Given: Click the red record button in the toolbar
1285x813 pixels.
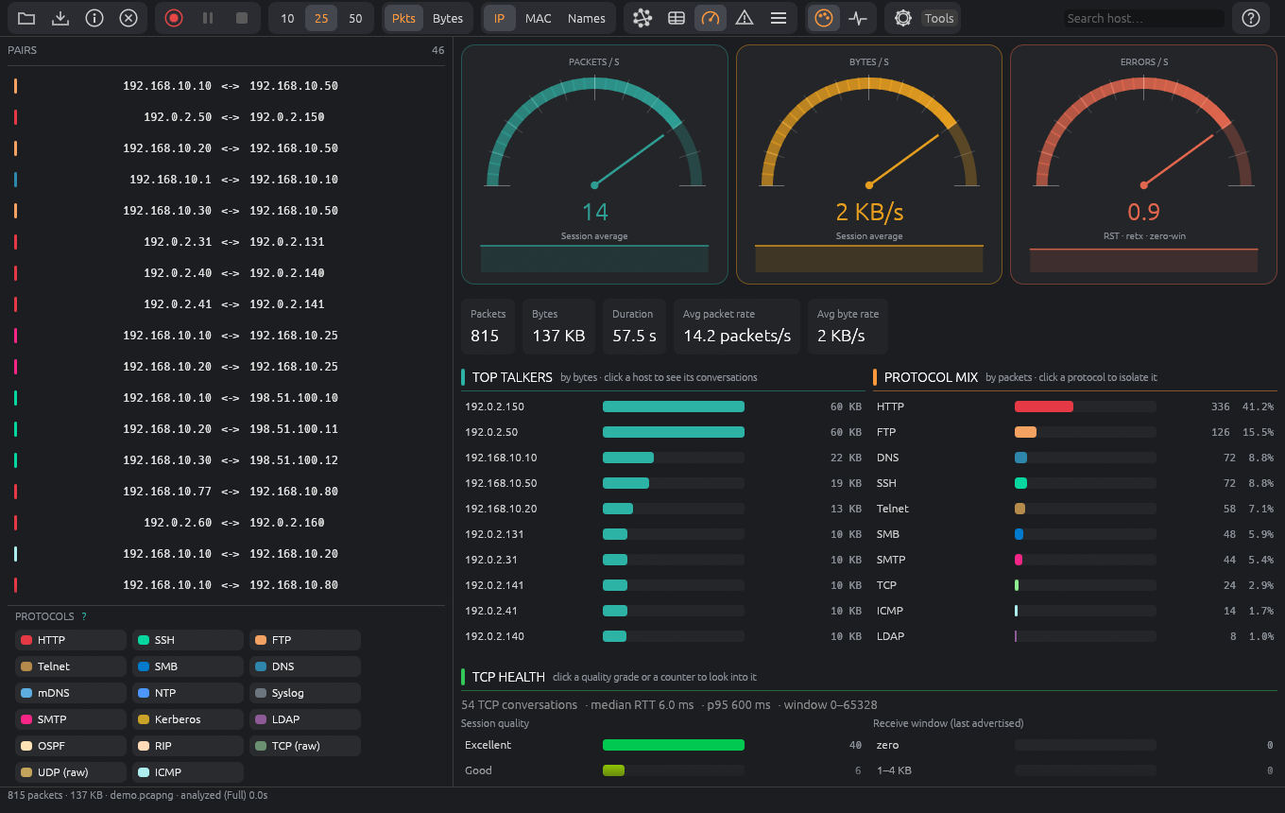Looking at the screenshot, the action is (x=173, y=18).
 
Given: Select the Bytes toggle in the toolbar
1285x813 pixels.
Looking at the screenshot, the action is (x=448, y=18).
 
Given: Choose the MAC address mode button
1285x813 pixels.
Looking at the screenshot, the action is (x=538, y=18).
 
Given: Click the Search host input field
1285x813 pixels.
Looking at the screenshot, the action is (x=1143, y=18).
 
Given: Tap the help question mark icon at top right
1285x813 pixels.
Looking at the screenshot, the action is (x=1251, y=18).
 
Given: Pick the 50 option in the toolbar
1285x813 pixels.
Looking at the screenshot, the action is (x=355, y=18).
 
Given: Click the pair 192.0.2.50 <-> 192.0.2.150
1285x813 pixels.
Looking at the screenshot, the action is (x=233, y=117).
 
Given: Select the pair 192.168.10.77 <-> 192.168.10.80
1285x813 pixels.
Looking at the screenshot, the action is (x=230, y=492).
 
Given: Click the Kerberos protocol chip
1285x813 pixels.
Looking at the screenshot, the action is (x=188, y=719).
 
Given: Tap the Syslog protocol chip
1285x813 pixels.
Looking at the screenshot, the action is (x=304, y=693).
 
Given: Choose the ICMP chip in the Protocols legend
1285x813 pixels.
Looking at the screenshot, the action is (x=188, y=772).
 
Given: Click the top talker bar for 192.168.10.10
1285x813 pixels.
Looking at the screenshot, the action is (x=628, y=458).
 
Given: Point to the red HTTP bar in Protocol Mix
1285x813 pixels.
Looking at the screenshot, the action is (x=1043, y=406).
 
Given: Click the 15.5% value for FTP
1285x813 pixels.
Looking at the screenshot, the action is (x=1258, y=432).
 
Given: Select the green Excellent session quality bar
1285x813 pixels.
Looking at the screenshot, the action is (x=674, y=745).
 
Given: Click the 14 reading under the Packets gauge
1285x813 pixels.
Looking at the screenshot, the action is (x=595, y=212).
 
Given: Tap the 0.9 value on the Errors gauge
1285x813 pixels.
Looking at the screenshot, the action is (x=1143, y=212).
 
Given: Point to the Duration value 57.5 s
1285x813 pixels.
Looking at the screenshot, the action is (x=634, y=336).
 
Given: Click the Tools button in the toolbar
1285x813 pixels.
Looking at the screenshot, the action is (x=938, y=18).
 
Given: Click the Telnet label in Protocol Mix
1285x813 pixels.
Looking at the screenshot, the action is (x=892, y=509).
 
